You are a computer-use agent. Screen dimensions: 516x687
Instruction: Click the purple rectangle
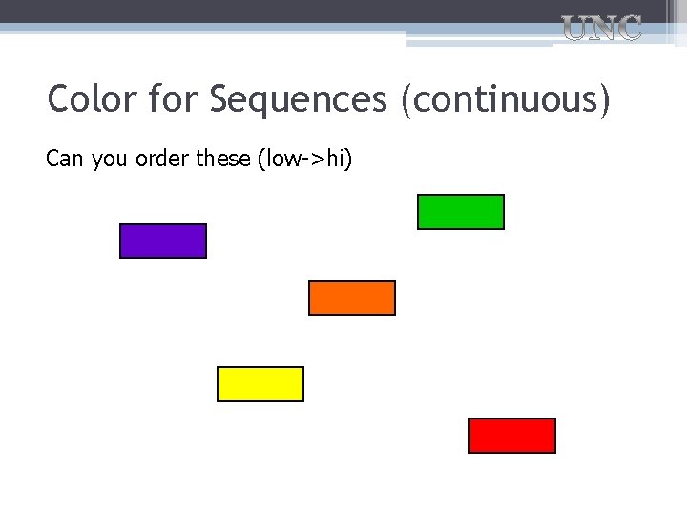click(162, 241)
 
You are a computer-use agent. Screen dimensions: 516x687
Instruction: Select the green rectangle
click(461, 212)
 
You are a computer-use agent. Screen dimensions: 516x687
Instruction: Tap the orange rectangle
click(352, 298)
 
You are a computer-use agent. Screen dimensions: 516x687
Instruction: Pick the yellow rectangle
click(260, 384)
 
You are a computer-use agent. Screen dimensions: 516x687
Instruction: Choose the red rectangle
click(512, 436)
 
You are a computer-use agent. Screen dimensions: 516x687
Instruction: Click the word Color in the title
click(92, 98)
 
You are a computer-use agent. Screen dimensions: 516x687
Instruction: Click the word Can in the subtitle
click(65, 159)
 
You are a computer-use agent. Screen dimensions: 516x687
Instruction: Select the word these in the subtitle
click(224, 159)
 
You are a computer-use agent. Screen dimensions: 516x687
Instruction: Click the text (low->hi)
click(305, 160)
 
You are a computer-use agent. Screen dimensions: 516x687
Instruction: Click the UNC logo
click(601, 29)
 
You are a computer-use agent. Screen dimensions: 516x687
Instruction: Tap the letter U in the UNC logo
click(574, 29)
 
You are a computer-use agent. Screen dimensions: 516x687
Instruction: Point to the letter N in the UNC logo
click(601, 29)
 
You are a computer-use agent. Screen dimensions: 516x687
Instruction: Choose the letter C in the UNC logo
click(628, 29)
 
